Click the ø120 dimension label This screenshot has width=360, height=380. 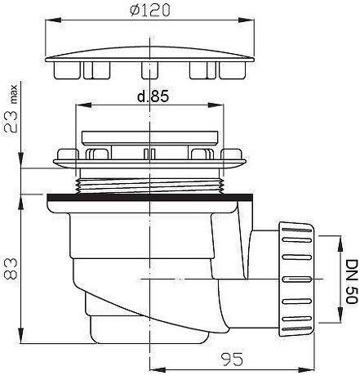(x=150, y=11)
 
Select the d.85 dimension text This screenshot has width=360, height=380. (x=153, y=96)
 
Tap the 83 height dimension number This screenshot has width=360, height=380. (x=11, y=269)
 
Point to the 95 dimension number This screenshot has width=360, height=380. (x=232, y=360)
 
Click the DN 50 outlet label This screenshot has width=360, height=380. (x=352, y=282)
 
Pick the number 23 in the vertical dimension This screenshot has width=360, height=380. (x=11, y=122)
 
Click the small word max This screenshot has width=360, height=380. (x=14, y=95)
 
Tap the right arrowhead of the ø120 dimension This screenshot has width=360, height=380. (x=247, y=20)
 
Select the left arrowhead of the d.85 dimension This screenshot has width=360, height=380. (x=83, y=105)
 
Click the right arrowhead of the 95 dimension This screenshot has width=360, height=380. (x=306, y=369)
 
